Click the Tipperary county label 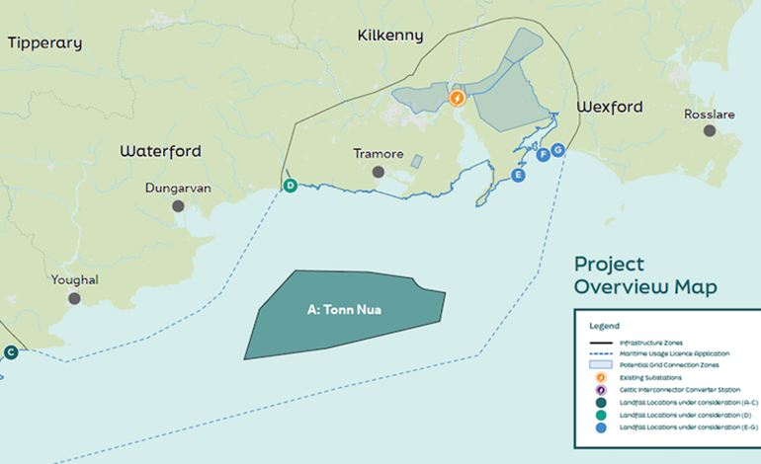pyautogui.click(x=44, y=43)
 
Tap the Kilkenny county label pyautogui.click(x=389, y=36)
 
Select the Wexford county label pyautogui.click(x=609, y=107)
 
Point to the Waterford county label pyautogui.click(x=160, y=151)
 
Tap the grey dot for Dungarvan pyautogui.click(x=178, y=205)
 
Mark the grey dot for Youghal pyautogui.click(x=74, y=297)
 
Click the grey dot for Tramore pyautogui.click(x=378, y=172)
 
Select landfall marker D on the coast pyautogui.click(x=291, y=185)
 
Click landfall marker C pyautogui.click(x=11, y=351)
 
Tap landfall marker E pyautogui.click(x=517, y=175)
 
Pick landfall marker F pyautogui.click(x=542, y=155)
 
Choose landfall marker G pyautogui.click(x=557, y=149)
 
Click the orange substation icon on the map pyautogui.click(x=457, y=98)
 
